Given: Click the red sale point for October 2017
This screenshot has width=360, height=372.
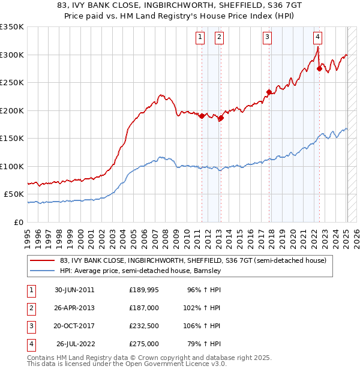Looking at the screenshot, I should [x=269, y=92].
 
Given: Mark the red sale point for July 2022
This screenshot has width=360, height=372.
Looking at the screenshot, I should [x=319, y=69].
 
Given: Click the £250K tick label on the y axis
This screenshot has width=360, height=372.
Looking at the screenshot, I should [x=12, y=83].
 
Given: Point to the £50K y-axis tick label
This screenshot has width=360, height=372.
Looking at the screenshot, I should [x=14, y=194].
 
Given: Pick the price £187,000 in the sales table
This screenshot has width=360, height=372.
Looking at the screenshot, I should [x=144, y=307].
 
